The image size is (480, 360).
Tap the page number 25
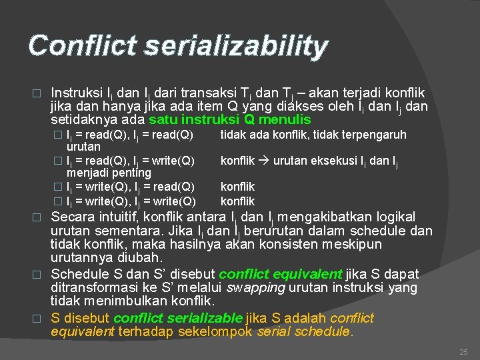point(464,351)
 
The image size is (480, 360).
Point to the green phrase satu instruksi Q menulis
point(230,120)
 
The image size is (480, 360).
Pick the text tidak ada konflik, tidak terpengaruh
point(313,135)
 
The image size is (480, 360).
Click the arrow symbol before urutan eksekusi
point(265,161)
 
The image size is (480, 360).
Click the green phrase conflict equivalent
point(280,274)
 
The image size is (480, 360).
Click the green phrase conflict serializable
point(177,319)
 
